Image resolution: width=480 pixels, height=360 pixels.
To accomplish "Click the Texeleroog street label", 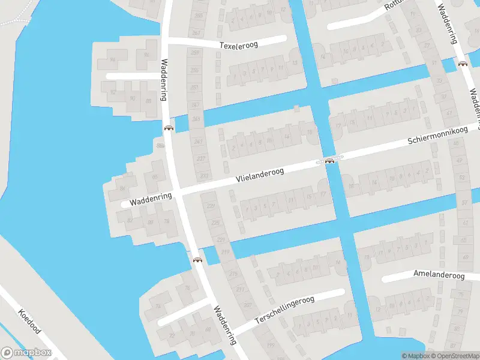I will click(238, 45).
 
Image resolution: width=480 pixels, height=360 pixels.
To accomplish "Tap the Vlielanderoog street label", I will click(260, 175).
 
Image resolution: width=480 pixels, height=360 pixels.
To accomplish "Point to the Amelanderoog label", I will click(439, 275).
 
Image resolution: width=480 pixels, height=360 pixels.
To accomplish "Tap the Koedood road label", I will click(28, 322).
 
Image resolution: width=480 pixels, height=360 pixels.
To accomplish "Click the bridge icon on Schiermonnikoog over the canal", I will click(329, 161).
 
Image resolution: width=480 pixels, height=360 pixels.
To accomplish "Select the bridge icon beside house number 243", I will click(169, 127).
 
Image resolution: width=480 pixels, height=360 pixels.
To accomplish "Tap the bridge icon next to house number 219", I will click(197, 260).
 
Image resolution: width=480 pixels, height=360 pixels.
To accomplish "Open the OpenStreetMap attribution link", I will click(455, 356).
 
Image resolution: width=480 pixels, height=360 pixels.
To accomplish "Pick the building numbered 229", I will click(210, 206).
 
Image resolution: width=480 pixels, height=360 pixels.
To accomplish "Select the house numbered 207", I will click(248, 305).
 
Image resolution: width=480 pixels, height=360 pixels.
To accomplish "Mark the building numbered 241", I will click(199, 142).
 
